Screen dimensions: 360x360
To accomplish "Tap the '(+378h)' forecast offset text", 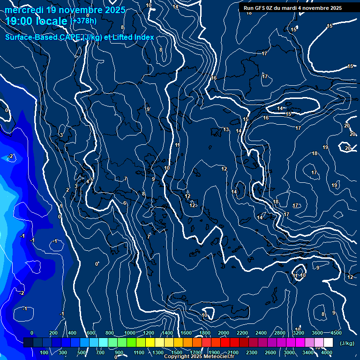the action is pyautogui.click(x=83, y=21).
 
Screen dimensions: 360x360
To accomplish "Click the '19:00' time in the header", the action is pyautogui.click(x=22, y=21).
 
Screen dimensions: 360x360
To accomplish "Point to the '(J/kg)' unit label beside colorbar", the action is pyautogui.click(x=346, y=343).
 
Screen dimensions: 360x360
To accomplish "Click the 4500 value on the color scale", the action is pyautogui.click(x=336, y=333).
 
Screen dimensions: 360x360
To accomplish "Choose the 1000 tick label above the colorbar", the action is pyautogui.click(x=130, y=333).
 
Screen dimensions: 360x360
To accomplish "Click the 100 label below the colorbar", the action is pyautogui.click(x=45, y=352).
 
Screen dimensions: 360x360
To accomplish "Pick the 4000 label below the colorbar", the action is pyautogui.click(x=327, y=352).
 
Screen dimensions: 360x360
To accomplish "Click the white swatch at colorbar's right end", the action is pyautogui.click(x=328, y=343).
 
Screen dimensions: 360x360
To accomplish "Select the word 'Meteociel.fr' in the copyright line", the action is pyautogui.click(x=218, y=357).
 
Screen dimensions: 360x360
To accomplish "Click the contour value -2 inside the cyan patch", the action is pyautogui.click(x=11, y=157).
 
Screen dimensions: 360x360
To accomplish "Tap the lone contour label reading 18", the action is pyautogui.click(x=315, y=153).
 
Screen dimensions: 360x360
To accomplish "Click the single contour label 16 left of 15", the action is pyautogui.click(x=266, y=118).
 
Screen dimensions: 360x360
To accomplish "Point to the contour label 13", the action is pyautogui.click(x=226, y=129).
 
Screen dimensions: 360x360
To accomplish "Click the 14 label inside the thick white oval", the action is pyautogui.click(x=280, y=109).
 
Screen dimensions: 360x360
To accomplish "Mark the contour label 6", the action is pyautogui.click(x=125, y=203).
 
